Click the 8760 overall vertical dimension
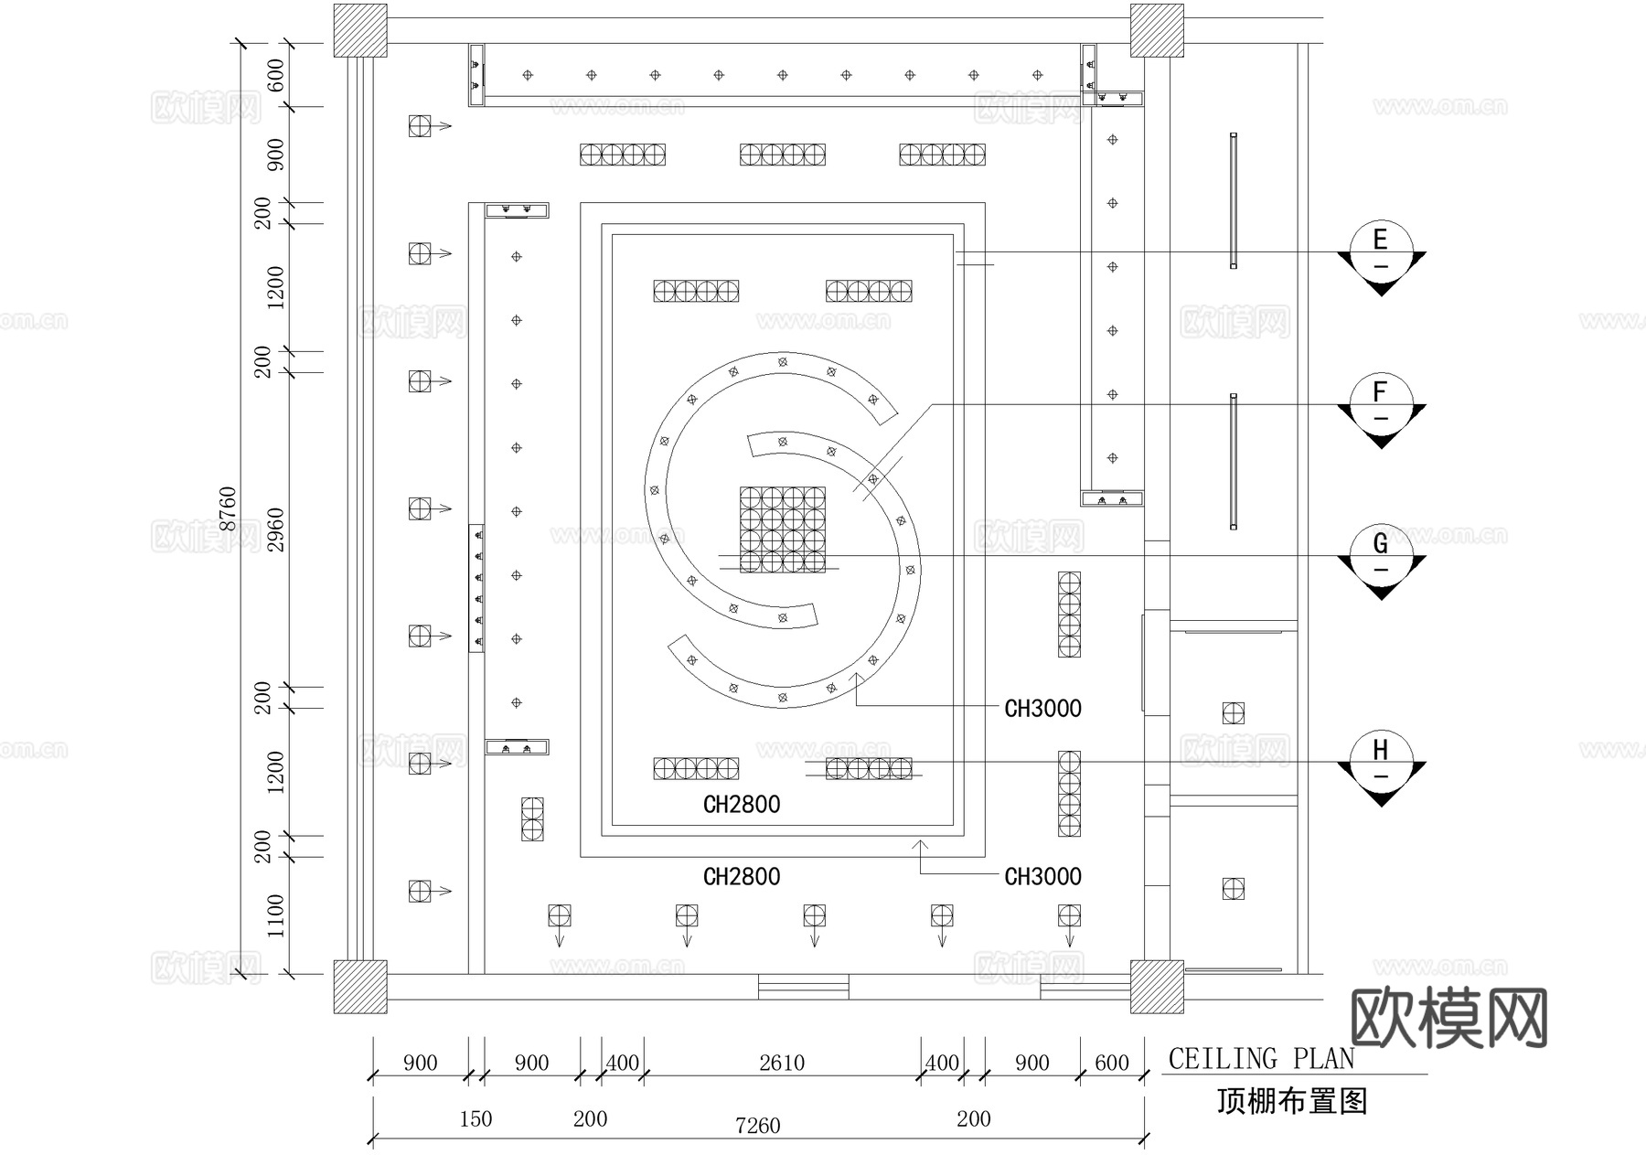[229, 508]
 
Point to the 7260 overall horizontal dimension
[757, 1126]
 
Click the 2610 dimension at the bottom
[781, 1063]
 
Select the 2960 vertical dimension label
[276, 529]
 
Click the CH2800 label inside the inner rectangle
[742, 805]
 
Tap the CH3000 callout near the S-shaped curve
[1042, 709]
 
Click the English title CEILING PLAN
[1261, 1059]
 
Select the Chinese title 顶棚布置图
[1291, 1101]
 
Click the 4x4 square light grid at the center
[783, 529]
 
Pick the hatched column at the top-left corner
[359, 30]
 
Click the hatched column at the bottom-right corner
[1157, 987]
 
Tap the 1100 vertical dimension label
[276, 915]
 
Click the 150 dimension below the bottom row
[476, 1118]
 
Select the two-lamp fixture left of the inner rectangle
[532, 818]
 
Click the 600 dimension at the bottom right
[1111, 1063]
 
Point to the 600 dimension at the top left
[276, 75]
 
